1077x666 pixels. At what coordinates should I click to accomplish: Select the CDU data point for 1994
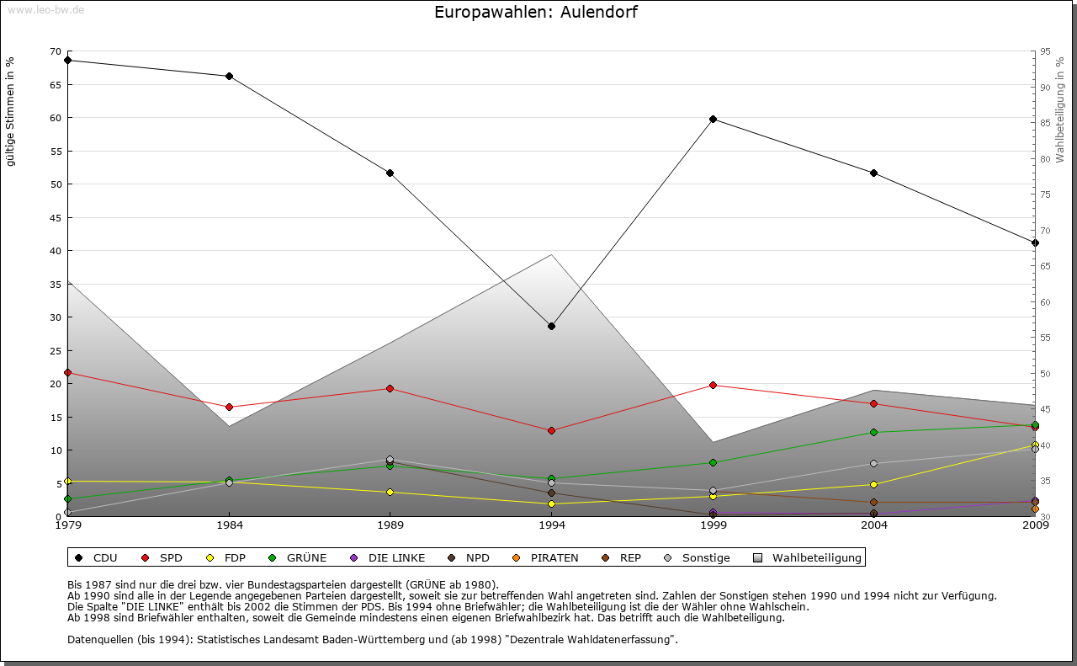[x=551, y=326]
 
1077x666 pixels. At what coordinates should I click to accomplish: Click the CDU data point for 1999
[x=713, y=119]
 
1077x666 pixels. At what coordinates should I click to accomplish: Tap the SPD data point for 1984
[x=229, y=407]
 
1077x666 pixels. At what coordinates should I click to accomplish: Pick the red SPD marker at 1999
[x=713, y=385]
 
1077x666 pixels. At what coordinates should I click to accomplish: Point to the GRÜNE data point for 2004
[x=874, y=432]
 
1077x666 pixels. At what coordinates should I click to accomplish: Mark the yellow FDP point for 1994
[x=551, y=503]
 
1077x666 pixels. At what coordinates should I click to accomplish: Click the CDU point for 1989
[x=390, y=173]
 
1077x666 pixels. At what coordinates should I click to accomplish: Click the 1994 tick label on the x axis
[x=552, y=525]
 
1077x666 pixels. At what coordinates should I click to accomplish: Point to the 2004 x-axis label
[x=874, y=525]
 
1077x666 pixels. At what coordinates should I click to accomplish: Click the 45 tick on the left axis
[x=56, y=217]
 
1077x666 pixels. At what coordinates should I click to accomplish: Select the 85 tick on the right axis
[x=1045, y=123]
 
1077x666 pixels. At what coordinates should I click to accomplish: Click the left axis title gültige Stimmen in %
[x=11, y=111]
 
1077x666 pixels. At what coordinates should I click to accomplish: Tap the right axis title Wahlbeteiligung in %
[x=1060, y=110]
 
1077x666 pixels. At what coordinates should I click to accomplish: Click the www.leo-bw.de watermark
[x=45, y=10]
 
